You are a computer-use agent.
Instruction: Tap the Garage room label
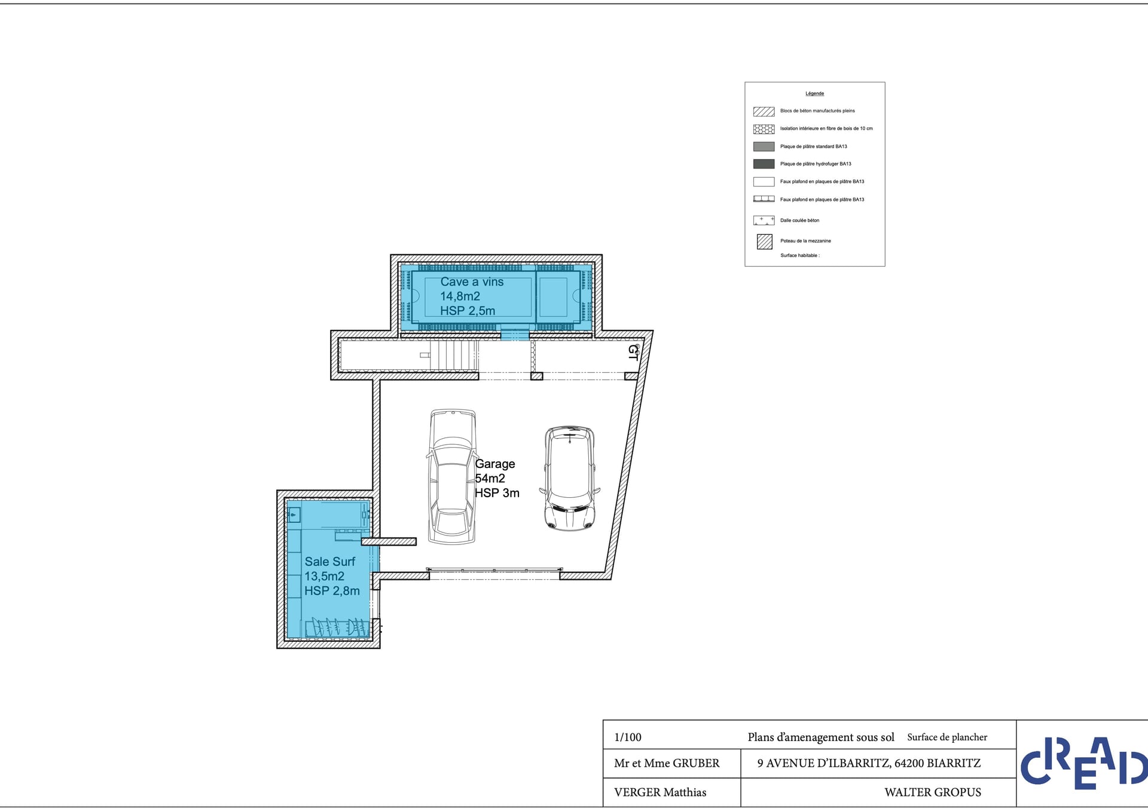497,478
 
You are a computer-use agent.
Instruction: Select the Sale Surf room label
332,576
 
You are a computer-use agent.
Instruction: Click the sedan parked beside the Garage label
452,476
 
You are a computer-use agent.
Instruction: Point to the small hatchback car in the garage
570,478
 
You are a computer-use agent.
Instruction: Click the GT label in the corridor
633,352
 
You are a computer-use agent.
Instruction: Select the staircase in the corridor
454,356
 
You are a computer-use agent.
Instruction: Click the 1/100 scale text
628,737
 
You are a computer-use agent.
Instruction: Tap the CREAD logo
1083,763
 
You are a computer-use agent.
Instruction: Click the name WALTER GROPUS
933,792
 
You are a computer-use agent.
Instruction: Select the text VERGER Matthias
660,792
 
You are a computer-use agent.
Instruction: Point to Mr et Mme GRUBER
667,763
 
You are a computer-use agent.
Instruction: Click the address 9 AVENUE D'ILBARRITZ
823,763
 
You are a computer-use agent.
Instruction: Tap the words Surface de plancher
947,737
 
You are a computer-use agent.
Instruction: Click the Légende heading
814,93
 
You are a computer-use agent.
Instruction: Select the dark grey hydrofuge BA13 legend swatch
764,164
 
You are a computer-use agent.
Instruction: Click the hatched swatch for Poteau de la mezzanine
764,241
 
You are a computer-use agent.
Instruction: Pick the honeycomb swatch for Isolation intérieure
764,128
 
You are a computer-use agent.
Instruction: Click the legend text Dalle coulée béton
799,221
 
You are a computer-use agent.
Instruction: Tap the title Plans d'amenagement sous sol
821,737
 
